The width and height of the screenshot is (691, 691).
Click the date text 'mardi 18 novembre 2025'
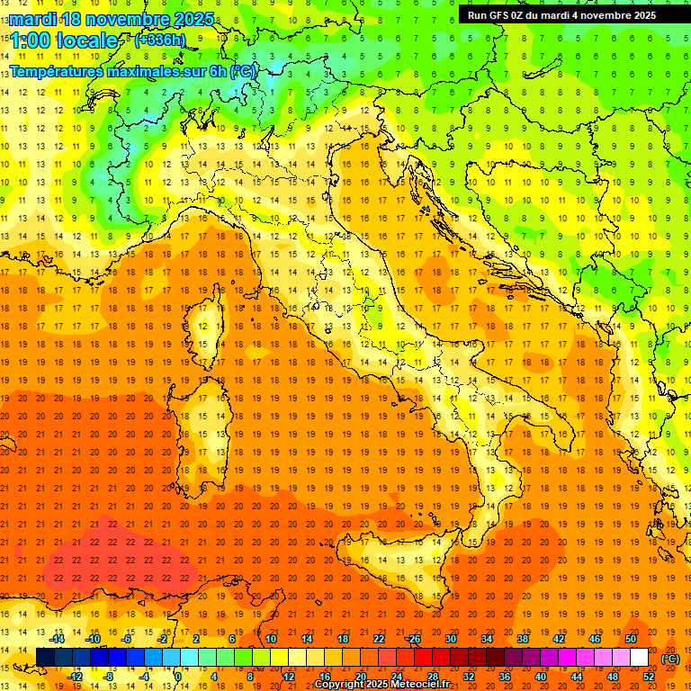tap(112, 19)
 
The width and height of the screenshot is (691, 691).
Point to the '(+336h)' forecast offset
tap(159, 40)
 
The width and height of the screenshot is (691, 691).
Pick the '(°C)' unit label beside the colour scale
tap(670, 659)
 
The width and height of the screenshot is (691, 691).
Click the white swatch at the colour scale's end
tap(639, 658)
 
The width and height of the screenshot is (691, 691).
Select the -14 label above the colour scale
tap(58, 638)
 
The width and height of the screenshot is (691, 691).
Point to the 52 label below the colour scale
tap(649, 677)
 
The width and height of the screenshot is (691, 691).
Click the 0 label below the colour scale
tap(178, 677)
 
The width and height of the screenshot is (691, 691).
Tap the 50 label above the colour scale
tap(631, 638)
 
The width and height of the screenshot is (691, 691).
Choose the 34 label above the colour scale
tap(487, 638)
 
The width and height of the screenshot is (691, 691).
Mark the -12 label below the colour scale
tap(76, 677)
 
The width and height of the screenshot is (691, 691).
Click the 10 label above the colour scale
tap(271, 638)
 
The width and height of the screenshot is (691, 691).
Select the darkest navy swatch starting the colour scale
tap(45, 658)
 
